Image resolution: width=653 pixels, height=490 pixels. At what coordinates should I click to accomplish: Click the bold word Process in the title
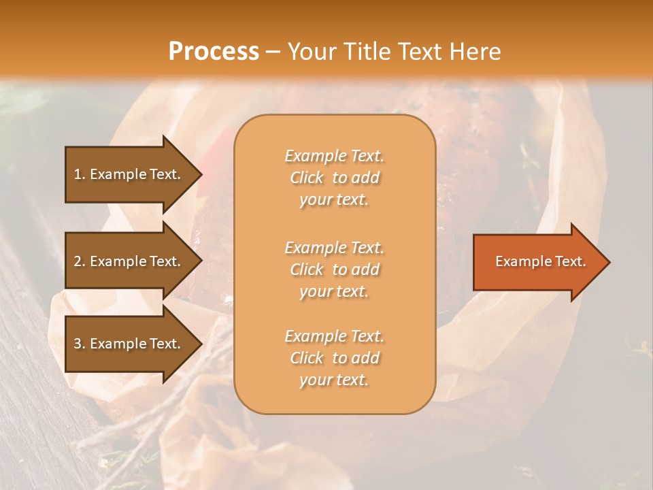tap(214, 52)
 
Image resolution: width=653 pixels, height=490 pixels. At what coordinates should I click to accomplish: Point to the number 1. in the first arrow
tap(79, 174)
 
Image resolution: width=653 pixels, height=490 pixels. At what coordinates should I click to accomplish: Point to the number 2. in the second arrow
tap(79, 261)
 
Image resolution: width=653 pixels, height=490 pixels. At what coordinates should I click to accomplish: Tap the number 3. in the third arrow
tap(79, 344)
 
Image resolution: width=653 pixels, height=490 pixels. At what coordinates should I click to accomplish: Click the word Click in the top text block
tap(307, 178)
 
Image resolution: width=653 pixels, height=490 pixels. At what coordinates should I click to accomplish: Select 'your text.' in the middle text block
tap(334, 291)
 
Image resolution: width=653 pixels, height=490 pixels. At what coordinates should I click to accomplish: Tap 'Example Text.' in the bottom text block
tap(334, 336)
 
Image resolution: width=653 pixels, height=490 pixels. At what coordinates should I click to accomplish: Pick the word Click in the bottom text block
tap(307, 358)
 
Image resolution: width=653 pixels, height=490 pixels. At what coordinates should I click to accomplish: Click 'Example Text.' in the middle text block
tap(334, 248)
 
